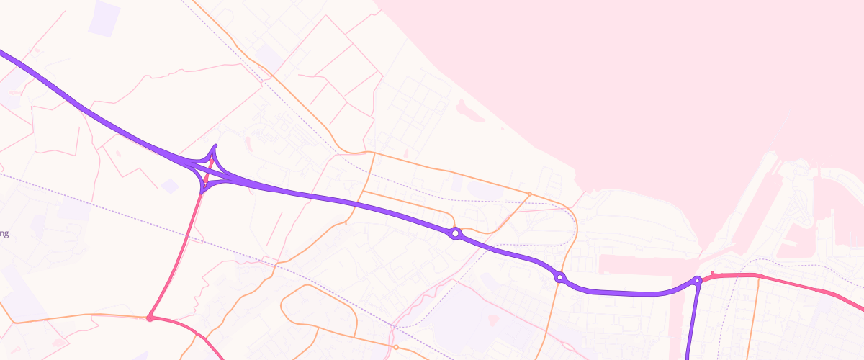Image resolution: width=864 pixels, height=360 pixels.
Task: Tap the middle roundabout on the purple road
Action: (559, 277)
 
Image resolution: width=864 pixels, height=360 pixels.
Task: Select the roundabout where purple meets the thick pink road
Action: (697, 280)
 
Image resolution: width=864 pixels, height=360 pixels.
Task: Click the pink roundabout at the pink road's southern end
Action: (150, 318)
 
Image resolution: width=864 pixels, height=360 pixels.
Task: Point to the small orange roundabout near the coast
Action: (530, 194)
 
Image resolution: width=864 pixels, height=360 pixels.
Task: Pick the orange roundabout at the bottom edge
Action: (396, 347)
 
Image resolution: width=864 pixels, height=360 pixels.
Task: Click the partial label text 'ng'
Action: (4, 233)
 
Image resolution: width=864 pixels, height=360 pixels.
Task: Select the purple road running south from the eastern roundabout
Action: (692, 324)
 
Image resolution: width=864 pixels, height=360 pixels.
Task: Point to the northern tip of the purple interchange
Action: (215, 147)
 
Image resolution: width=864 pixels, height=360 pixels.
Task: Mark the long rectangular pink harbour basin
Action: (634, 264)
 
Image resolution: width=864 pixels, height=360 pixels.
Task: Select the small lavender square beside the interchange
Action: (170, 186)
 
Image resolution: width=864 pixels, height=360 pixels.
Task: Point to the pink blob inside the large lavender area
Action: (493, 319)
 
